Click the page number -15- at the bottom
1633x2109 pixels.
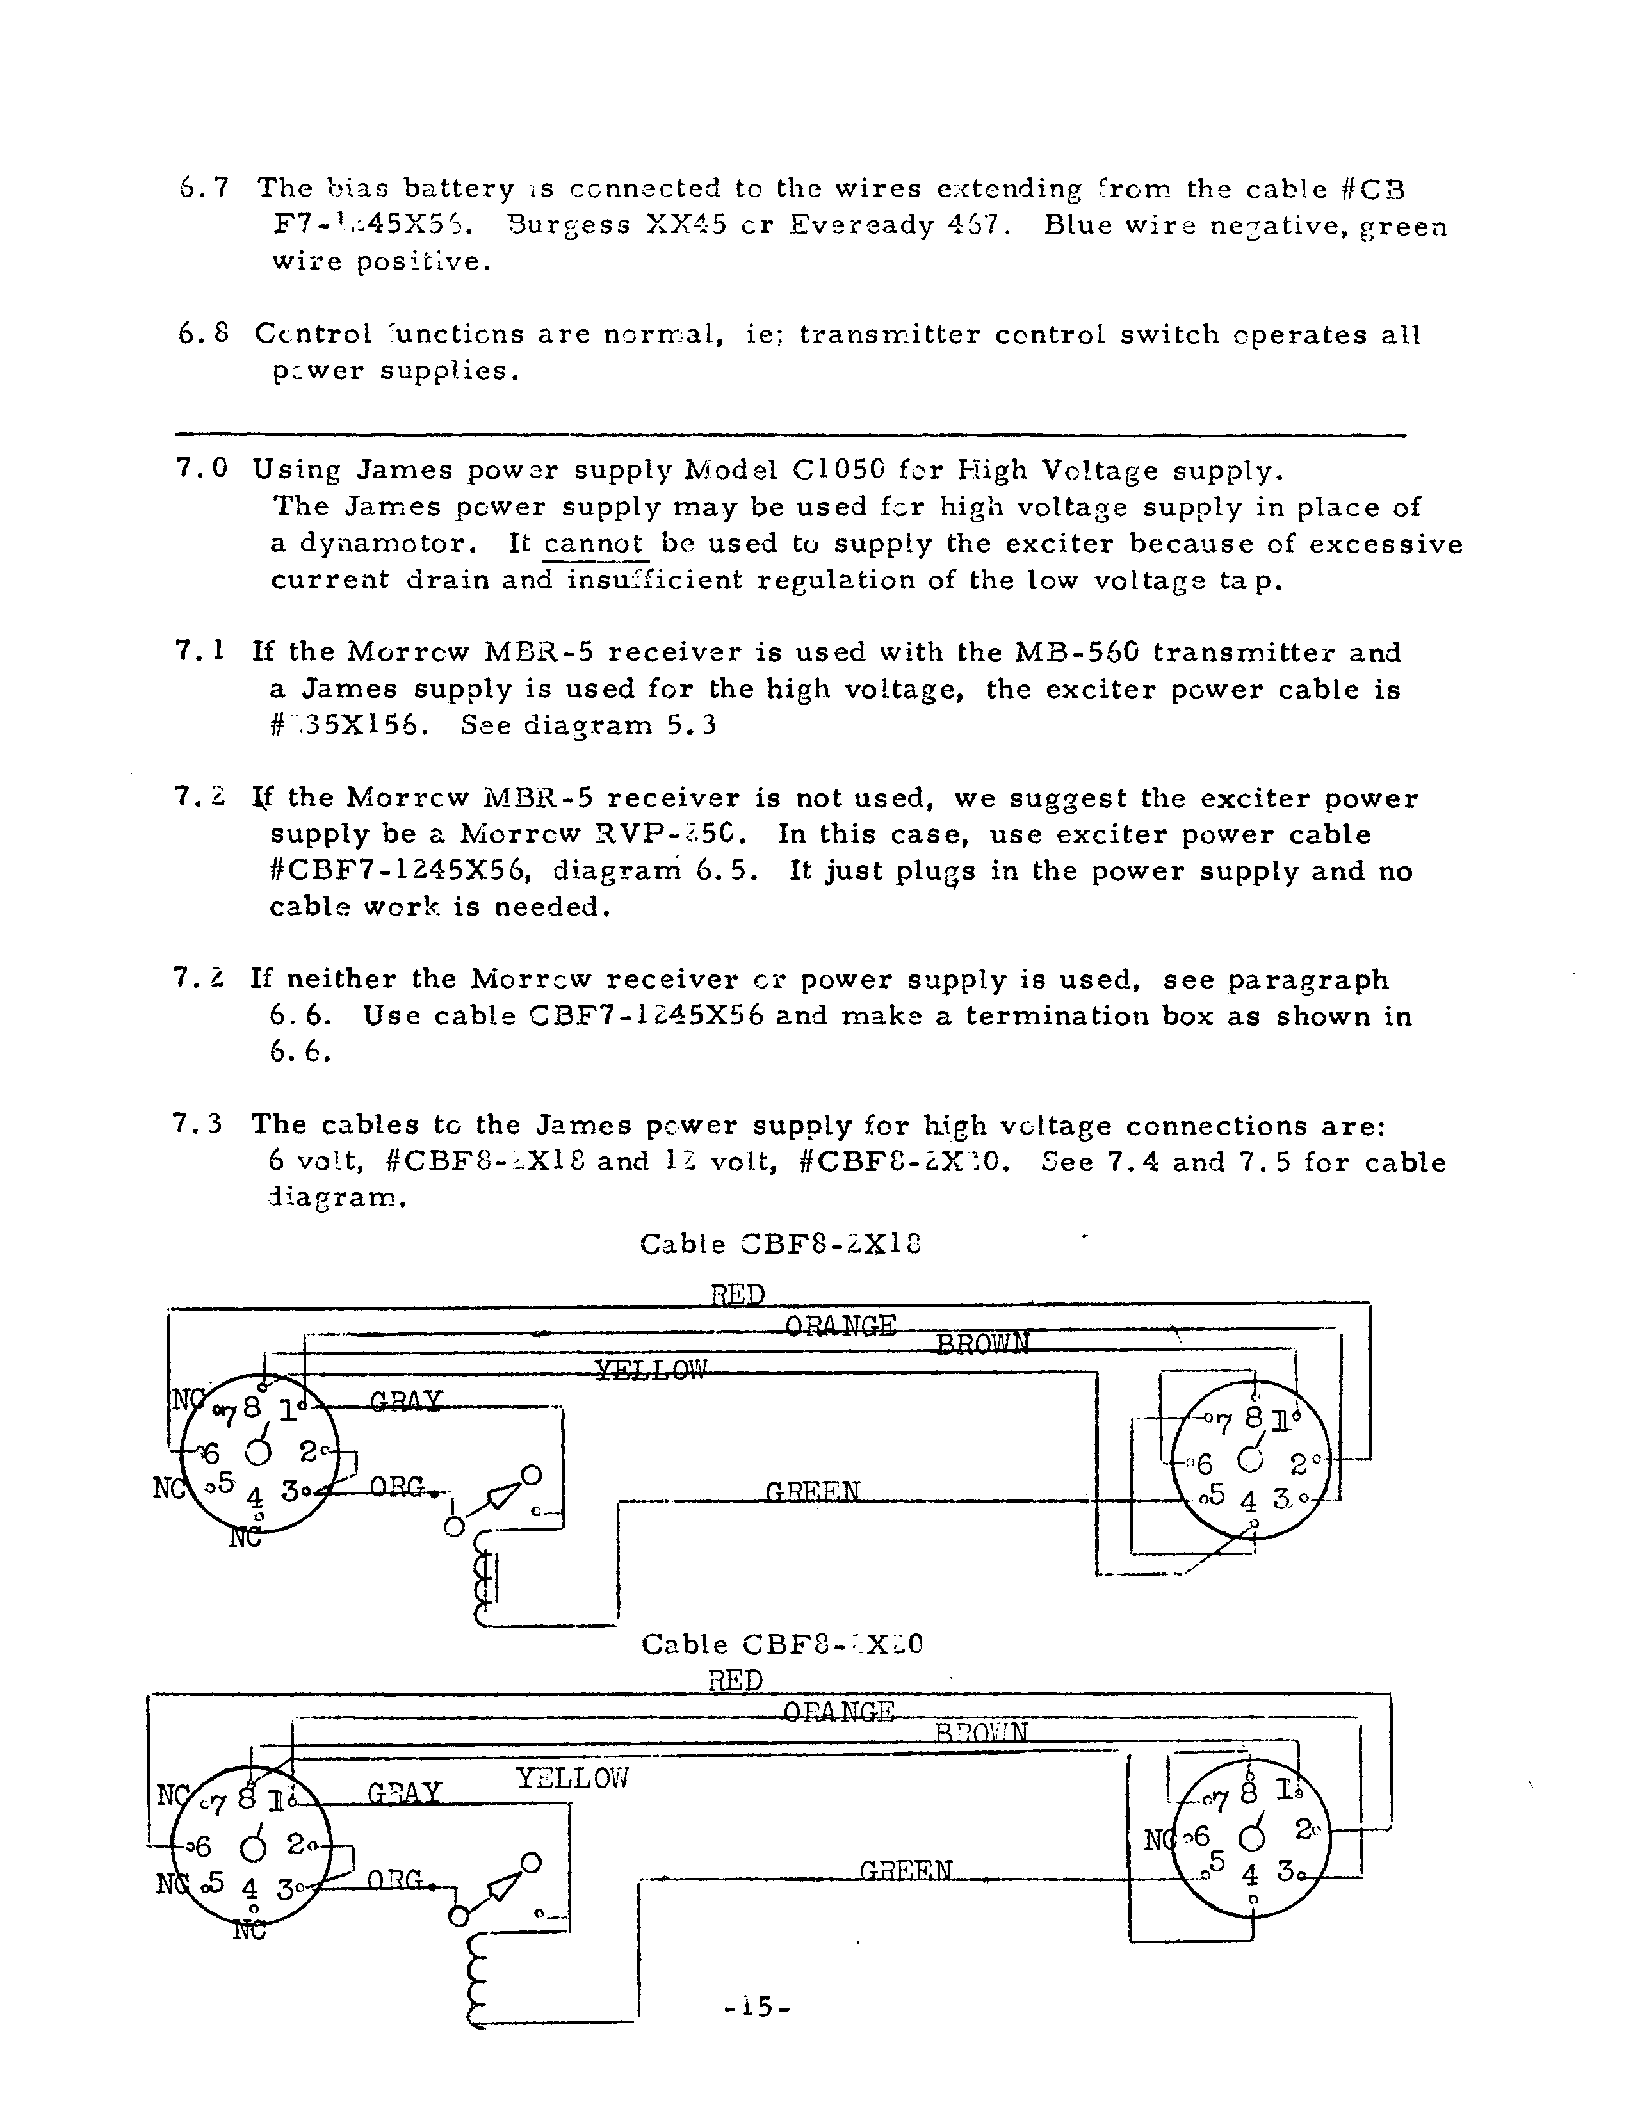pyautogui.click(x=757, y=2007)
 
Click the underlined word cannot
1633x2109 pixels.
pyautogui.click(x=593, y=544)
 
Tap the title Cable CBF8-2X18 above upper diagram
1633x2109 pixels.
pyautogui.click(x=780, y=1244)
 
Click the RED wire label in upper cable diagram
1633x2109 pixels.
pyautogui.click(x=738, y=1294)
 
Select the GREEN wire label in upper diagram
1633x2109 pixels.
pyautogui.click(x=812, y=1492)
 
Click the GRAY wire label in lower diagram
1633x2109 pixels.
pyautogui.click(x=403, y=1793)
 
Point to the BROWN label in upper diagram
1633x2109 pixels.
pyautogui.click(x=982, y=1343)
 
